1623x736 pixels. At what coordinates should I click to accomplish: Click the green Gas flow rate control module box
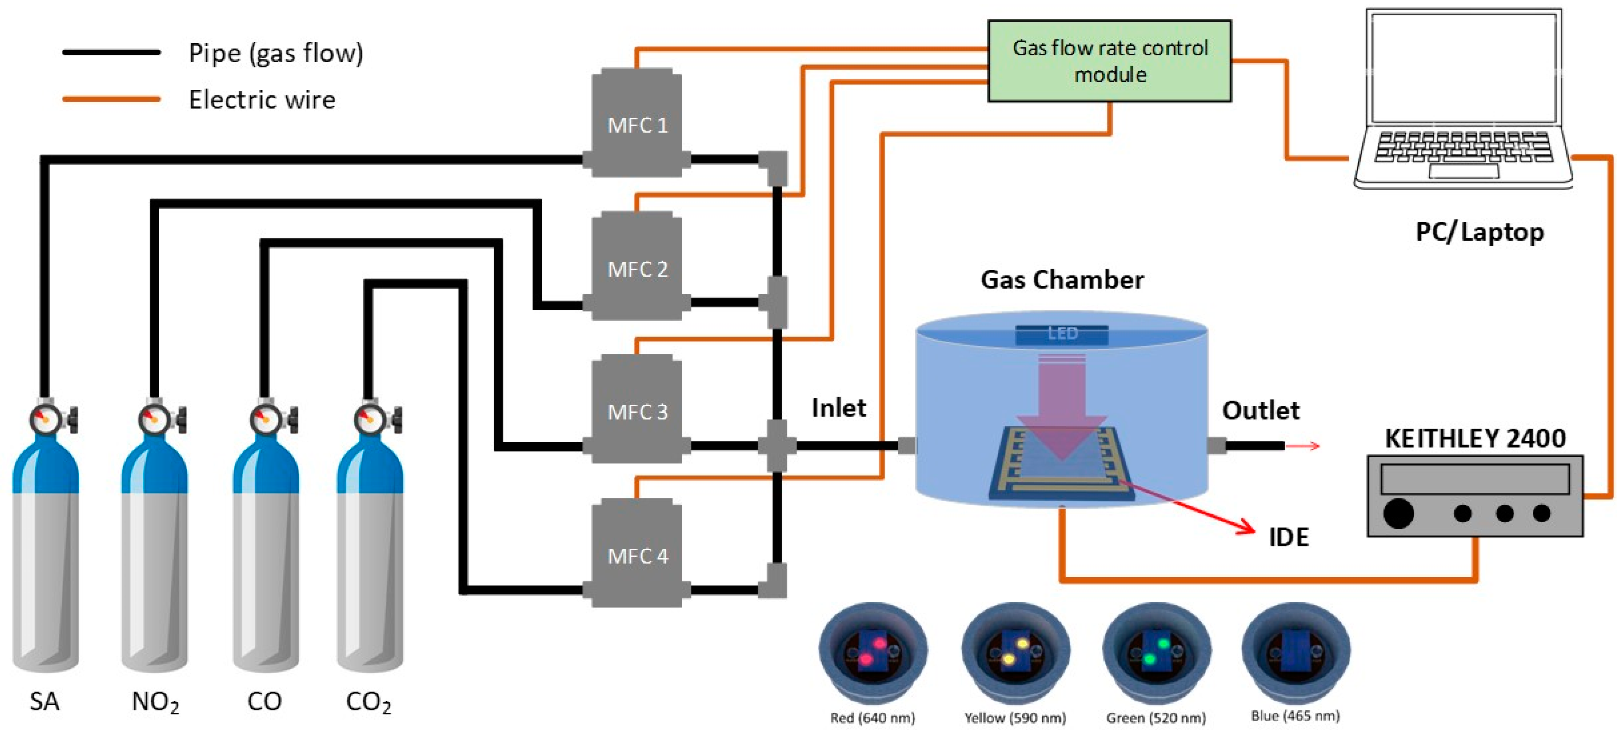[1109, 61]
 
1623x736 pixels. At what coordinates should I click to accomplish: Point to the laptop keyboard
[1463, 147]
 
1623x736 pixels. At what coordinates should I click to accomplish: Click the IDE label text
[1288, 537]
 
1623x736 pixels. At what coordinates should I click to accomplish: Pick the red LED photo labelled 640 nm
[872, 652]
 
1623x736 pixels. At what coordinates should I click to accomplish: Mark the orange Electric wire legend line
[111, 99]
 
